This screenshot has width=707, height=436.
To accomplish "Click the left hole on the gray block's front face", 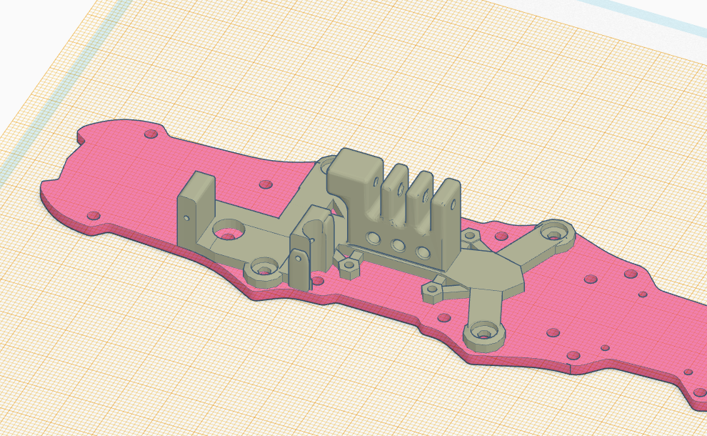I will (x=373, y=237).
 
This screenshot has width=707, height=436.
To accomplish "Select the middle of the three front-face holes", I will (x=398, y=244).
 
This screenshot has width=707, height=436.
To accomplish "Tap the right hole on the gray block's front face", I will (x=423, y=252).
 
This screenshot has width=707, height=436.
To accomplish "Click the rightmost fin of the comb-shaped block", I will (x=448, y=207).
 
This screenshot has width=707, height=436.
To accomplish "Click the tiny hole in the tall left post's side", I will (x=186, y=217).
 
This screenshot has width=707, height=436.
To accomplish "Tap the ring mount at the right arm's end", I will (x=556, y=232).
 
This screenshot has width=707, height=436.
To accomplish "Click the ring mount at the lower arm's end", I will (x=485, y=333).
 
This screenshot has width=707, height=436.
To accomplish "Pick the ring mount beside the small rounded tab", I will (x=264, y=272).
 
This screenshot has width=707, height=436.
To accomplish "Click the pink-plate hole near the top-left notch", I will (x=151, y=134).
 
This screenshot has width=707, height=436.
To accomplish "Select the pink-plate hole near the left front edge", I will (x=92, y=215).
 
